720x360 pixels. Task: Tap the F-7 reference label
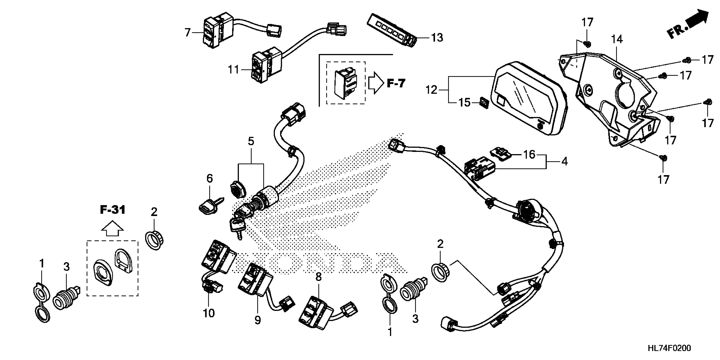[396, 83]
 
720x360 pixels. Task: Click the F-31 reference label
[113, 210]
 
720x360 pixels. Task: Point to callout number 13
[437, 38]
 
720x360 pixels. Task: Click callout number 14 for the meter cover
[617, 40]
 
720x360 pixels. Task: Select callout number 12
[431, 90]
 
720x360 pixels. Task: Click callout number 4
[564, 161]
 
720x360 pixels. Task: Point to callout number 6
[210, 178]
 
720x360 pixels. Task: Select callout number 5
[251, 141]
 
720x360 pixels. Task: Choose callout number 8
[318, 277]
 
